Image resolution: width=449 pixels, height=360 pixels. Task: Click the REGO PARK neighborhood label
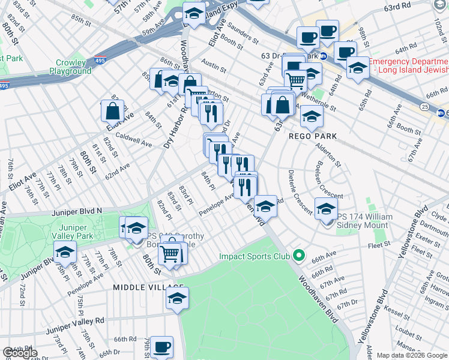[312, 136]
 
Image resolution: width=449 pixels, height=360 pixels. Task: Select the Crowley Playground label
[74, 67]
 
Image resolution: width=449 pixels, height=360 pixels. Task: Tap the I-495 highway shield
[100, 61]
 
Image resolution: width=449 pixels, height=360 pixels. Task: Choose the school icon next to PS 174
[326, 208]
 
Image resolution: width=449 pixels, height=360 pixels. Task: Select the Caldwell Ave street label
[133, 140]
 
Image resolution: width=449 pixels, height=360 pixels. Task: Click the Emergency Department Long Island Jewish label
[408, 67]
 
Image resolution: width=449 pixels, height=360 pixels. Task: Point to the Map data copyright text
[404, 355]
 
